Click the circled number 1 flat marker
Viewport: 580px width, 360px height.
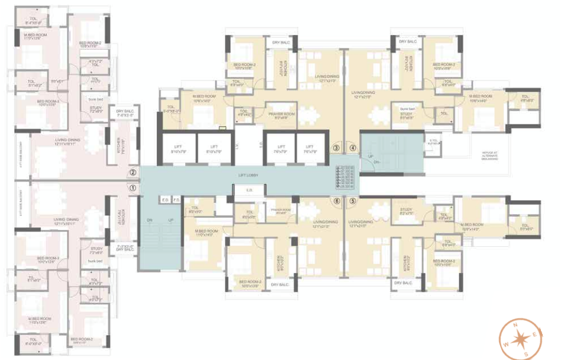(x=133, y=188)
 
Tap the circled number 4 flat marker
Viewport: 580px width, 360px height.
(x=353, y=148)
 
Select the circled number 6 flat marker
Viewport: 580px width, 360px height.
(x=337, y=201)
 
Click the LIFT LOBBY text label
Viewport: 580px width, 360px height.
(x=249, y=176)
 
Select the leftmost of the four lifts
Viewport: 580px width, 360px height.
(x=176, y=147)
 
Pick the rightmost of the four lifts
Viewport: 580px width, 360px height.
(x=307, y=147)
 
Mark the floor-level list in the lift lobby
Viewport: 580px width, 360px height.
(x=347, y=177)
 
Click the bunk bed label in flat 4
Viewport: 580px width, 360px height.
(x=406, y=110)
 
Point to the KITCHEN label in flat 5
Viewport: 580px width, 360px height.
(x=406, y=262)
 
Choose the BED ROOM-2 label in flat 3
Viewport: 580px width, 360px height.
(x=244, y=66)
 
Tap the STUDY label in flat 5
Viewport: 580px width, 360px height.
(x=405, y=210)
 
